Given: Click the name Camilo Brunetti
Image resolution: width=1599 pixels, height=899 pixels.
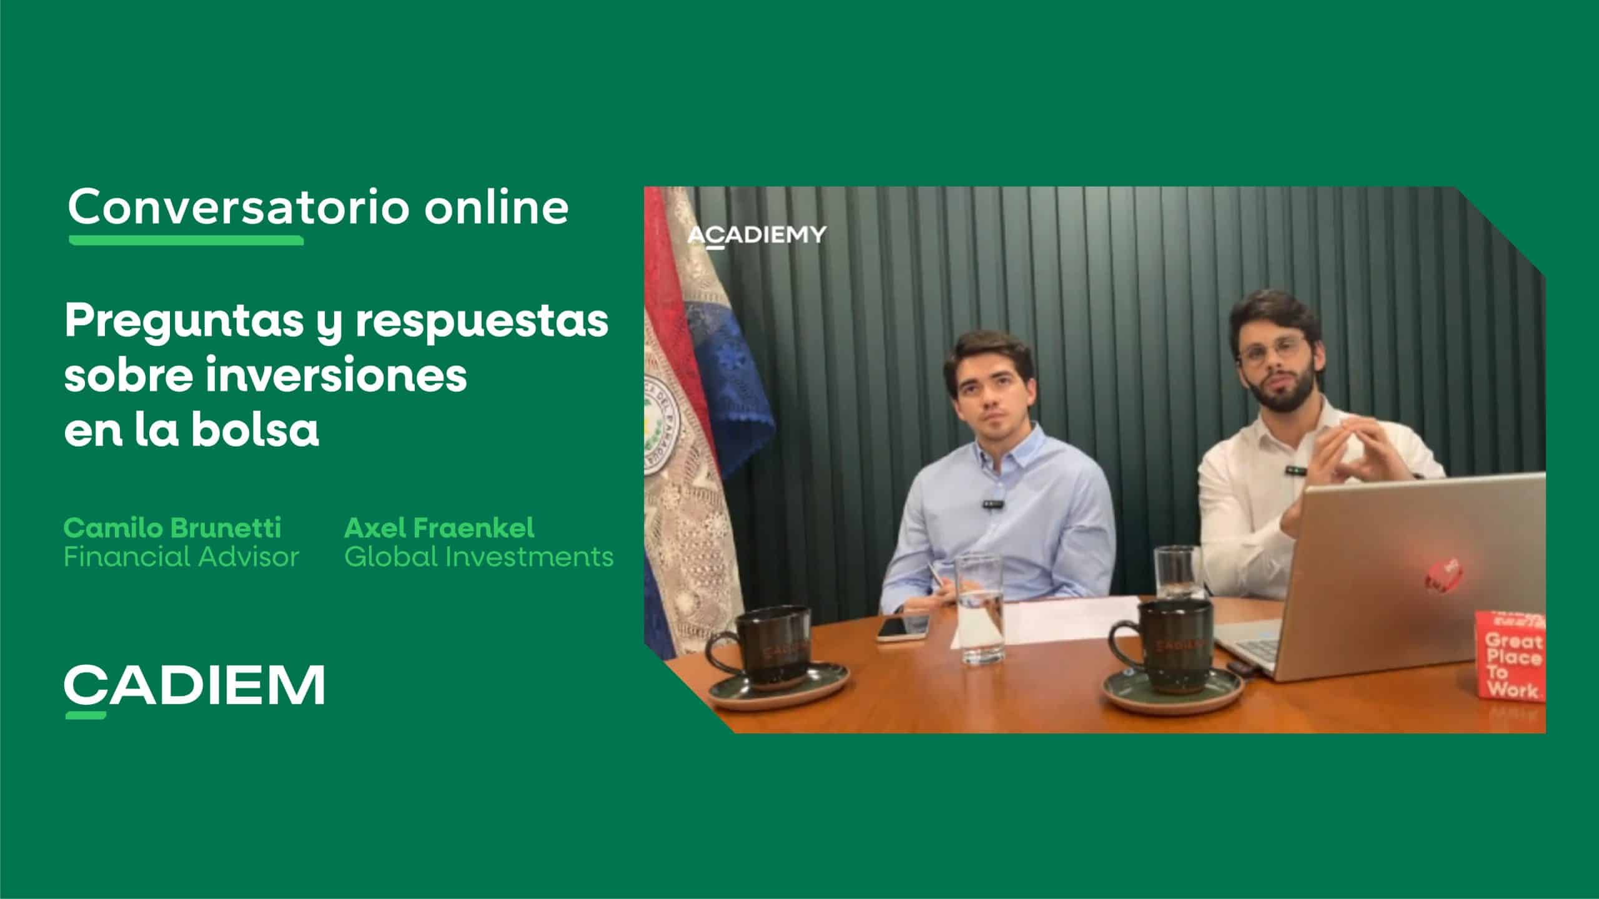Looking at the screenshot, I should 172,528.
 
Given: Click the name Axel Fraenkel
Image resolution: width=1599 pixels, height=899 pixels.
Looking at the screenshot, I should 439,528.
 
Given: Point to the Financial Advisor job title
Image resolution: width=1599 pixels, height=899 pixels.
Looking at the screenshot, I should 181,556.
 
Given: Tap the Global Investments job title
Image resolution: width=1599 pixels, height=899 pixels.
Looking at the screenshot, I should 478,556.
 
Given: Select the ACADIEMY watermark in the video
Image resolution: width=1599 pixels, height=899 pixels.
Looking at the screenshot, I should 756,235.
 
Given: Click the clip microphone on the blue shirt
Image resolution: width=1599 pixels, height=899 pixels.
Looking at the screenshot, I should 993,502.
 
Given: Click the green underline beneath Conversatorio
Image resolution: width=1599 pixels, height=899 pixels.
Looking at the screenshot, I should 186,240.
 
